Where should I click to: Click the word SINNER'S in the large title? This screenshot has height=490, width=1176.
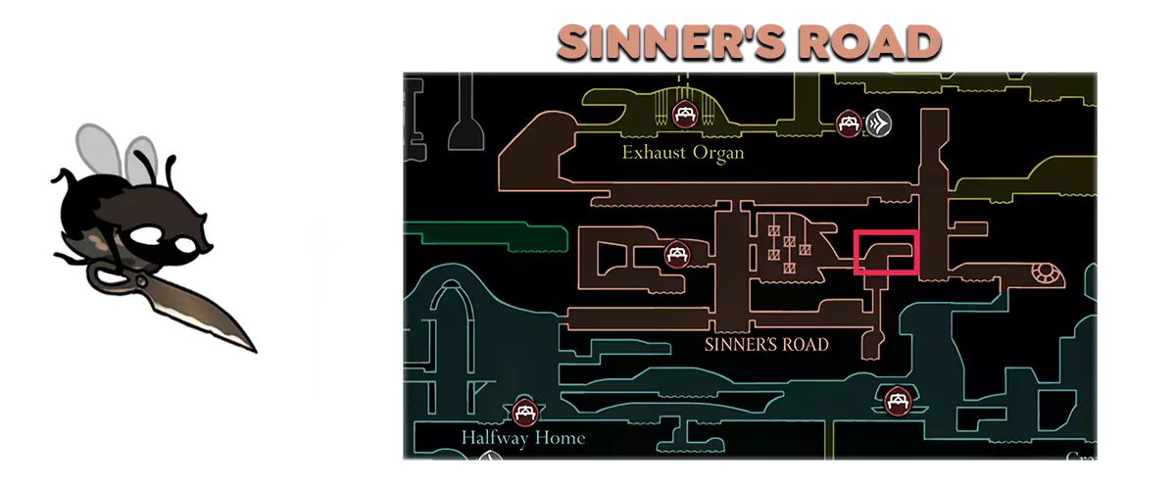pos(666,41)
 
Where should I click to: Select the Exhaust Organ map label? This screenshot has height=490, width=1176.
pos(683,153)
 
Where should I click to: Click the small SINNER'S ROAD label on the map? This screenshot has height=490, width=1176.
pos(766,344)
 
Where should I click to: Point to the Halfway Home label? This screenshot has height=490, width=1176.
pos(522,437)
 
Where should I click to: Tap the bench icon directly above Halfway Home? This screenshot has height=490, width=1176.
pos(523,412)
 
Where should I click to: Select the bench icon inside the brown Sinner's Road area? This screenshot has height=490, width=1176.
pos(675,255)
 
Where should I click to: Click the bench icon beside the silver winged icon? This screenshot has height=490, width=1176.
pos(848,122)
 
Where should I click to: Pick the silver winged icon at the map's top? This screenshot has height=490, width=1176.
pos(878,122)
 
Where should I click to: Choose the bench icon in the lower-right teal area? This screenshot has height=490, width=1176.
pos(896,400)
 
